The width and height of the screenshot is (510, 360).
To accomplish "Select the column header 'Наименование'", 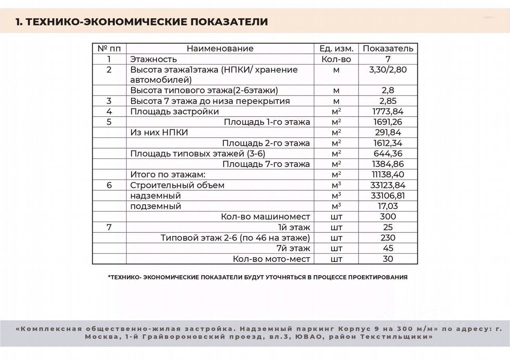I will [x=220, y=49].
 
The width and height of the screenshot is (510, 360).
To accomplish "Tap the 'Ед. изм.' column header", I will [x=336, y=49].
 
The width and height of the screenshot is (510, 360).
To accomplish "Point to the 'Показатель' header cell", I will [x=388, y=49].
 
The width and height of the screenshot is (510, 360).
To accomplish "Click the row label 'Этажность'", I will [x=153, y=59].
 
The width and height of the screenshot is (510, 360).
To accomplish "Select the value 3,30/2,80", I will [x=388, y=70].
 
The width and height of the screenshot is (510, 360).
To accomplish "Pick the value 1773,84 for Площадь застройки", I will [x=388, y=112].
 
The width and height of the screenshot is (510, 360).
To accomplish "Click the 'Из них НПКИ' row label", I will [x=159, y=133].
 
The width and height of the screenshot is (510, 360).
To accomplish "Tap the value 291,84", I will [x=388, y=133].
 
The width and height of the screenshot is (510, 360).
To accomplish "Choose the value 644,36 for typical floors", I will [x=388, y=154].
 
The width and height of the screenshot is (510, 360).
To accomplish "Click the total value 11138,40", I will [x=388, y=174].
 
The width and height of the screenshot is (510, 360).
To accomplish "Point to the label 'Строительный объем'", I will [x=177, y=185].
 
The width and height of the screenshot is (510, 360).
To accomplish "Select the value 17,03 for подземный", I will [x=388, y=206].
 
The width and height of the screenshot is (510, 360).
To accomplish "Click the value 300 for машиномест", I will [x=388, y=217].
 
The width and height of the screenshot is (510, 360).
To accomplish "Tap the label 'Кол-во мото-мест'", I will [x=271, y=259].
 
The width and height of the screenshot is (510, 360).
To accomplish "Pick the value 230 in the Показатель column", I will [x=388, y=238].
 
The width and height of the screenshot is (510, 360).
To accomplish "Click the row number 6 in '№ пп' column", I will [x=109, y=185].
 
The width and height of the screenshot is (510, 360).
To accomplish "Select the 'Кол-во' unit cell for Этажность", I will [x=336, y=59].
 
